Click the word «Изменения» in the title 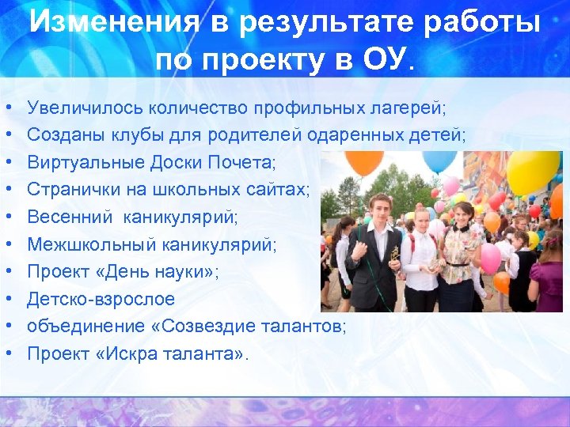click(108, 23)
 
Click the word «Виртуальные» click(85, 162)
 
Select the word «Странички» click(73, 190)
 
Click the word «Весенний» click(66, 217)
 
